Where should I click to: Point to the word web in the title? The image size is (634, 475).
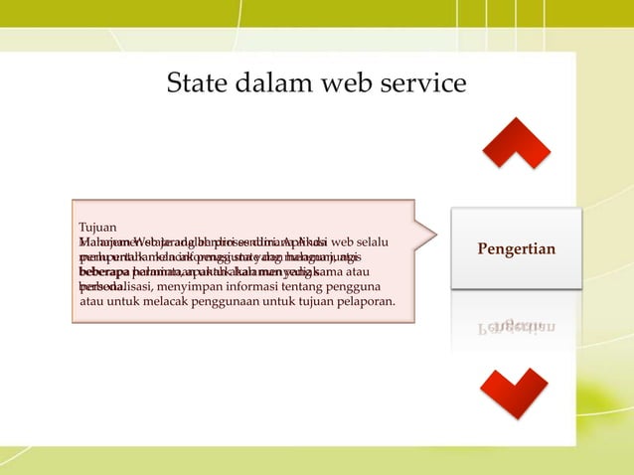[x=351, y=82]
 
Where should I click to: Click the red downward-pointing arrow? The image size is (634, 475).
[x=515, y=392]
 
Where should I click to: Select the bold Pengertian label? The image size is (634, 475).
[x=516, y=248]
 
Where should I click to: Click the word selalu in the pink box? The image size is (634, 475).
[x=370, y=242]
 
